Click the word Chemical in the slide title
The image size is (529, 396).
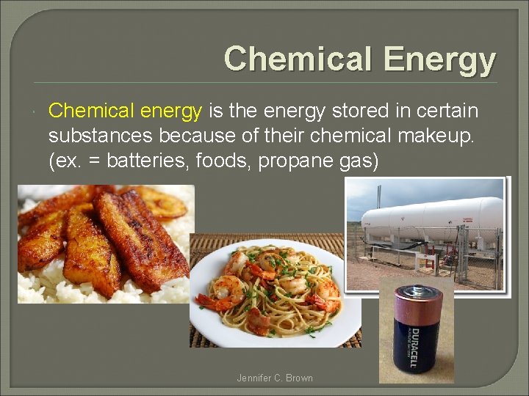289,59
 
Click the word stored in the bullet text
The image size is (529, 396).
353,111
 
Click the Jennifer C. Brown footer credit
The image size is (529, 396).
275,378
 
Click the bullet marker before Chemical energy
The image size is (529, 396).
36,111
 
